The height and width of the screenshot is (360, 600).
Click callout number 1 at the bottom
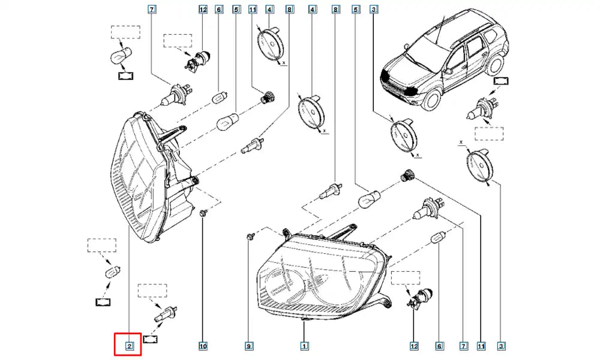click(304, 346)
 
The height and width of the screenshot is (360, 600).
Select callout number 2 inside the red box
click(130, 346)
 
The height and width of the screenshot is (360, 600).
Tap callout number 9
click(249, 346)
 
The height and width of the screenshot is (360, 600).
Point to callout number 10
click(203, 346)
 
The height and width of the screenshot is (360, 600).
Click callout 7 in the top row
click(152, 9)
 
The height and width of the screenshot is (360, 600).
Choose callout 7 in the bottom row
click(463, 346)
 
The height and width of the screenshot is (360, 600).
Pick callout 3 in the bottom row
click(501, 346)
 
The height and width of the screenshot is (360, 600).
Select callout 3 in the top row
click(374, 9)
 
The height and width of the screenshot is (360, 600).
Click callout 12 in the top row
click(203, 9)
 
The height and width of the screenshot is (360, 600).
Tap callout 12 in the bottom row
click(414, 346)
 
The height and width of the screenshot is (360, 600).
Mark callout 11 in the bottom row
click(481, 346)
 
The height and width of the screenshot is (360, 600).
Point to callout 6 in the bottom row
click(439, 346)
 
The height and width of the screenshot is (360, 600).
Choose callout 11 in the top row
click(253, 9)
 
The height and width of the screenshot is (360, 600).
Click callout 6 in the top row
click(219, 9)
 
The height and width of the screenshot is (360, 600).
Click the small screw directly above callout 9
click(250, 235)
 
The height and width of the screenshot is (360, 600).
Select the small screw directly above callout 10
click(203, 212)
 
